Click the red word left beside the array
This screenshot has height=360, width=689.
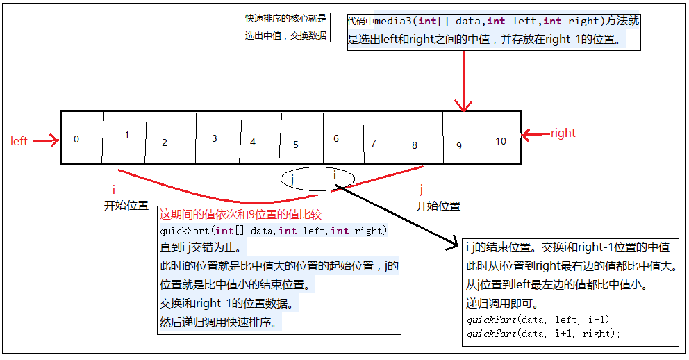pos(19,141)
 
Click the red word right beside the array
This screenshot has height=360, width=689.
pos(563,133)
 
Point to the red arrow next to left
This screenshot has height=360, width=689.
pos(46,141)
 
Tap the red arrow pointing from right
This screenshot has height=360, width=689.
pos(534,133)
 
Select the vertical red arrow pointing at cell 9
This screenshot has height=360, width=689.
pos(463,80)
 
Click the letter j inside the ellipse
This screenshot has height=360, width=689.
pos(293,179)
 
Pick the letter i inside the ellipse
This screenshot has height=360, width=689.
pos(335,176)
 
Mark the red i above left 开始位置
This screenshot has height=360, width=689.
pos(113,189)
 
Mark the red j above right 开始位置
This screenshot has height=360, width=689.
pos(421,189)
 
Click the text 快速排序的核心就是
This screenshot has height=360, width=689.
pos(285,19)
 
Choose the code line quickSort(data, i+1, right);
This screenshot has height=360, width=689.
pos(542,334)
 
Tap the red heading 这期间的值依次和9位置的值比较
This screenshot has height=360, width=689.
pos(240,215)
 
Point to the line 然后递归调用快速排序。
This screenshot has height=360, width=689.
pos(218,322)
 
